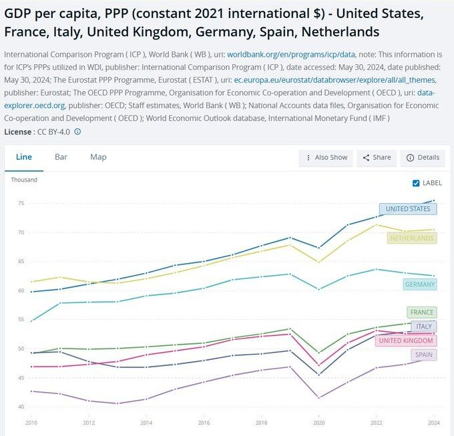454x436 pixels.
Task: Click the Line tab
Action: [24, 157]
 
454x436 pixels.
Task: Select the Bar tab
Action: [61, 157]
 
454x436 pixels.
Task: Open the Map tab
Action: [98, 157]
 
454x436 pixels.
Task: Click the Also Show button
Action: [326, 158]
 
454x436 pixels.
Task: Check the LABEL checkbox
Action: [416, 183]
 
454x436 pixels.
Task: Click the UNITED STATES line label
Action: [408, 209]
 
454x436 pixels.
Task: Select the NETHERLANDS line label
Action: [411, 238]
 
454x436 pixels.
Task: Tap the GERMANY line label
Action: [419, 284]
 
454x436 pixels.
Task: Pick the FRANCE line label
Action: [421, 312]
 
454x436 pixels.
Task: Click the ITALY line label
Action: [424, 326]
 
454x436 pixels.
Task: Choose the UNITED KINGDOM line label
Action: [405, 341]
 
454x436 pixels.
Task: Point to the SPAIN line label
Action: [424, 355]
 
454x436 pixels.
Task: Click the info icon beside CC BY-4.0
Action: [77, 132]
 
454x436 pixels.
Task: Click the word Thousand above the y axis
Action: [24, 180]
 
